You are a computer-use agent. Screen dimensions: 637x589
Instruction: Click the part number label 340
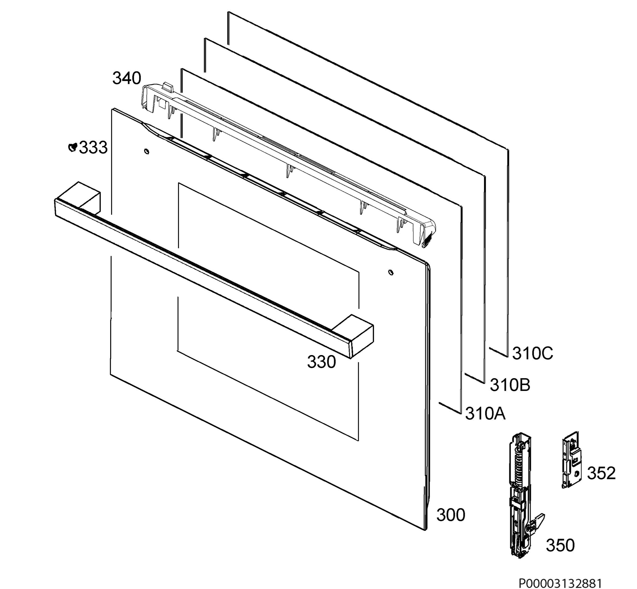(126, 78)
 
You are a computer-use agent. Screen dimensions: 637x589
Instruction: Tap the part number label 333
(93, 148)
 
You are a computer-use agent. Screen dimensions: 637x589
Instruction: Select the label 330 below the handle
(321, 362)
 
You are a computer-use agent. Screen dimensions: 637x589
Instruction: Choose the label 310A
(485, 413)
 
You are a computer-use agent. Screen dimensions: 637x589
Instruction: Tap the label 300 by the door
(451, 515)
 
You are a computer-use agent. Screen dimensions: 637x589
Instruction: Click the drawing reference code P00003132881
(561, 583)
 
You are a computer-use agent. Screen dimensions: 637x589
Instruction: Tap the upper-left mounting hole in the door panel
(147, 151)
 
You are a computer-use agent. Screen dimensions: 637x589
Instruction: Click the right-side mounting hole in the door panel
(391, 272)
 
